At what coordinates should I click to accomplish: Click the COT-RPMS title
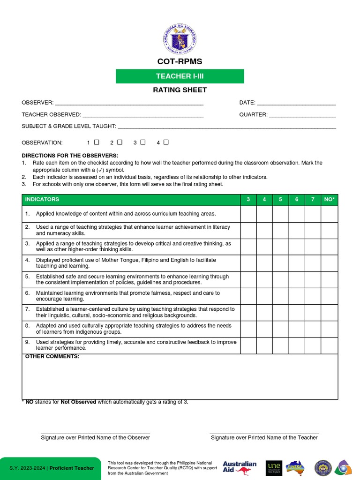(x=180, y=62)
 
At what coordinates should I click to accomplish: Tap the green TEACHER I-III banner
(x=180, y=76)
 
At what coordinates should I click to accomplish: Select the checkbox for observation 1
(x=97, y=142)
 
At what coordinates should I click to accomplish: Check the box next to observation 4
(x=166, y=142)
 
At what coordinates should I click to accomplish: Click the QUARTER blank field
(x=302, y=115)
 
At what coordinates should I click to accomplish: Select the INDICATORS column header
(x=42, y=200)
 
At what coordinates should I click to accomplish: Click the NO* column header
(x=329, y=200)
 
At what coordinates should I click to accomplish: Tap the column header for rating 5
(x=280, y=200)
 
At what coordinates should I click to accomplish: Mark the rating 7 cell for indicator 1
(x=313, y=214)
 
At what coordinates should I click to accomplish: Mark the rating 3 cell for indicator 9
(x=248, y=345)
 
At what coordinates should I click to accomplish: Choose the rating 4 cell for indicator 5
(x=264, y=279)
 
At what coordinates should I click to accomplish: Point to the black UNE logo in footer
(x=273, y=467)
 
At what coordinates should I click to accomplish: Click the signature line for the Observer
(x=95, y=433)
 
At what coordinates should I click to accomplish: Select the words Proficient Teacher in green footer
(x=72, y=468)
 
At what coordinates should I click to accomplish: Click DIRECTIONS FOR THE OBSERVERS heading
(x=70, y=156)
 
